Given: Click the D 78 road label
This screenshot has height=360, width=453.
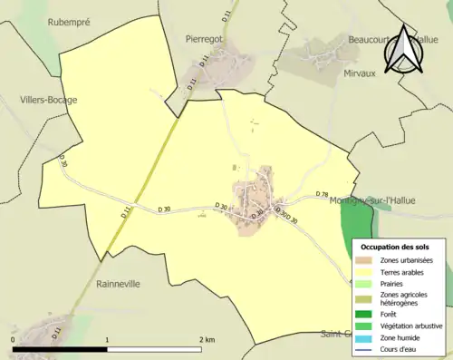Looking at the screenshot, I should point(322,195).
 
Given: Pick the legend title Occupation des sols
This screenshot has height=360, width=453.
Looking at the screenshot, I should point(395,247).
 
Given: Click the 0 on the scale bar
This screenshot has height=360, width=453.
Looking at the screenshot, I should point(14,339).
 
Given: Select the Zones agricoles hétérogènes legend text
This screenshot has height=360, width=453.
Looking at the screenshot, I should point(404,299).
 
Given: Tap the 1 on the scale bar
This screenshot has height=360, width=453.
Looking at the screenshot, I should point(108,339).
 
